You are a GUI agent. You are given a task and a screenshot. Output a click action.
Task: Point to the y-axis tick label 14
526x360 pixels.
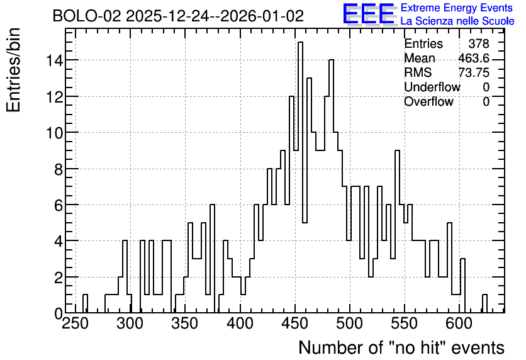[x=53, y=60]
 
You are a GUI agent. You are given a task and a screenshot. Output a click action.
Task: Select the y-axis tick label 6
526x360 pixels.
[x=59, y=205]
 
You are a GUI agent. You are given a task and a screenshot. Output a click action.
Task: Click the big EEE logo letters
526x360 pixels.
[x=369, y=14]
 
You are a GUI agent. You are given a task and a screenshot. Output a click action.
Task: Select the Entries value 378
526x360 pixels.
[x=479, y=43]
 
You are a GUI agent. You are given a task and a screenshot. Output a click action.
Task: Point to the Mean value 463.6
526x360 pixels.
[x=474, y=59]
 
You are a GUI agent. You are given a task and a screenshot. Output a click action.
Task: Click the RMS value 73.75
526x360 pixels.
[x=474, y=73]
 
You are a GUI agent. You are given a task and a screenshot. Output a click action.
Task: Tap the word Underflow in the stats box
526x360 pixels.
[x=432, y=87]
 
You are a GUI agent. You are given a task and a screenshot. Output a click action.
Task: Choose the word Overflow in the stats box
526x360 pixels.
[x=428, y=102]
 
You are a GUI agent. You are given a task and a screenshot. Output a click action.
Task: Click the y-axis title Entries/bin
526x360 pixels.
[x=13, y=70]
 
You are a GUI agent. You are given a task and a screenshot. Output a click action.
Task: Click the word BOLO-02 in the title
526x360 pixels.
[x=87, y=16]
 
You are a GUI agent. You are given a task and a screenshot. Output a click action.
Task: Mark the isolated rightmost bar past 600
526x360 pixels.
[x=484, y=303]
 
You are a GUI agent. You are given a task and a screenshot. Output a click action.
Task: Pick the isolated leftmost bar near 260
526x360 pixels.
[x=85, y=303]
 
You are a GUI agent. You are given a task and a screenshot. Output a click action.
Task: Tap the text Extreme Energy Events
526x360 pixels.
[x=457, y=8]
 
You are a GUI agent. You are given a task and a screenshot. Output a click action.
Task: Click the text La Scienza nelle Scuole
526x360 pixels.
[x=457, y=21]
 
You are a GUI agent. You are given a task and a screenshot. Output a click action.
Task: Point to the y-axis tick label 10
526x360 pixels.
[x=53, y=133]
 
